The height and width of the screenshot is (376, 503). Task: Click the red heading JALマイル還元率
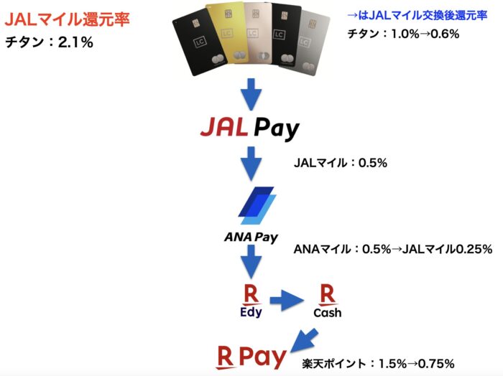(67, 19)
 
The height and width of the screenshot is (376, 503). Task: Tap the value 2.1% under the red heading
(75, 42)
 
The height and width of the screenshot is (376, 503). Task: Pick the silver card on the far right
(311, 43)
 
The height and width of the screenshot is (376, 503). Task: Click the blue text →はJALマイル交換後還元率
(417, 15)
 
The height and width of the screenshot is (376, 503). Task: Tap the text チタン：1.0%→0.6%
(403, 34)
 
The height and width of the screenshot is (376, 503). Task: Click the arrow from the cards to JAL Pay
(251, 94)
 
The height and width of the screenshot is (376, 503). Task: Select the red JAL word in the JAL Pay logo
(224, 127)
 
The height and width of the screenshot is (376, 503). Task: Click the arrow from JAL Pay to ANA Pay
(251, 164)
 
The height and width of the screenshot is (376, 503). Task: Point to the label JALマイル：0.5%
(341, 163)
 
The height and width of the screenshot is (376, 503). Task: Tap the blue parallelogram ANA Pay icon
(257, 205)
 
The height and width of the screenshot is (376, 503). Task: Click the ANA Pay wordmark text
(251, 238)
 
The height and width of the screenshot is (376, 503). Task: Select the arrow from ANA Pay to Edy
(251, 262)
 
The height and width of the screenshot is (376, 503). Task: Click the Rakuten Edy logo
(251, 301)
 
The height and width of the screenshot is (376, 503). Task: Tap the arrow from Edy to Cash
(287, 301)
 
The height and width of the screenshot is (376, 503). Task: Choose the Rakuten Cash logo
(327, 301)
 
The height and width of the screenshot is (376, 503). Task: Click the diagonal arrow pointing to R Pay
(304, 340)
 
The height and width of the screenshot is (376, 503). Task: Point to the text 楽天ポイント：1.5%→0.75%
(378, 364)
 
